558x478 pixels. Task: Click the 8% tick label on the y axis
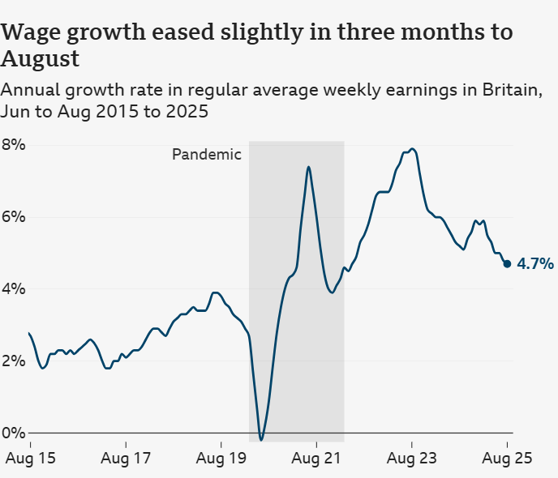[14, 145]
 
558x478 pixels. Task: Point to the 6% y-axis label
[14, 217]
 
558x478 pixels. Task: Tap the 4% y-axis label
[14, 289]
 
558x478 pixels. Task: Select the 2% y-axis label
[14, 361]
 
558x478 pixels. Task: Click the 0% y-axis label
[14, 433]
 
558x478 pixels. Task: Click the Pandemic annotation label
[207, 155]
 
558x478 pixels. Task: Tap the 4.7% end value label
[535, 263]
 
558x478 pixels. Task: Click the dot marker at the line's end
[508, 263]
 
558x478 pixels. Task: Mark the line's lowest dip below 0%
[260, 439]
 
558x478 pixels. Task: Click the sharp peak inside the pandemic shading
[308, 167]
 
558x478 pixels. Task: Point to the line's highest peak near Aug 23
[413, 149]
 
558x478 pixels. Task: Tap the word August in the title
[40, 59]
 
